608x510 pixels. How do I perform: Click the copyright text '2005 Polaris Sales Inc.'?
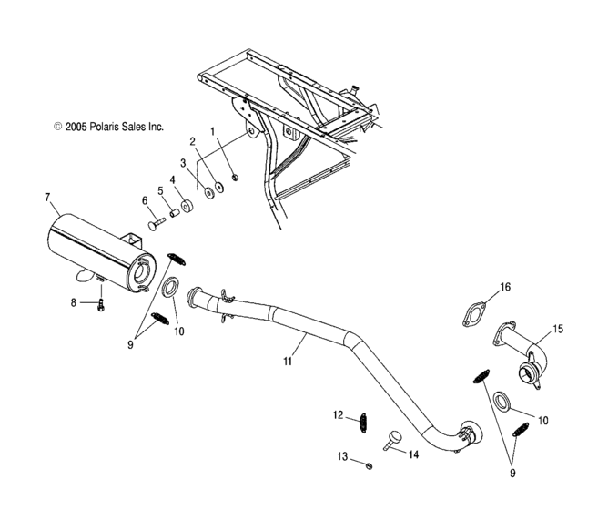point(108,127)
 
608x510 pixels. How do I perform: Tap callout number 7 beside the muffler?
point(46,196)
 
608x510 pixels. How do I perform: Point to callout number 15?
point(559,328)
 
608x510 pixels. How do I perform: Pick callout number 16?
point(505,287)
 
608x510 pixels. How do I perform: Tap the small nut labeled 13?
point(370,465)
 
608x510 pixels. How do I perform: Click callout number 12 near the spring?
point(338,415)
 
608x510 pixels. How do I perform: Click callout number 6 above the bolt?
point(144,200)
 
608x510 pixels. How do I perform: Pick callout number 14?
point(413,453)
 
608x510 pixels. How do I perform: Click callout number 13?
point(342,455)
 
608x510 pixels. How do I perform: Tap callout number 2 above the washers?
point(192,141)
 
